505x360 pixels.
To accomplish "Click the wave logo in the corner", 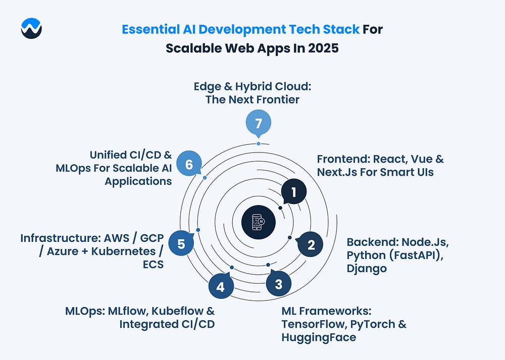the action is [x=31, y=28].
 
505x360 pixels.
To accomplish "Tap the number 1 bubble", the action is [x=293, y=191].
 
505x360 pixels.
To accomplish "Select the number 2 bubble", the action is [x=310, y=244].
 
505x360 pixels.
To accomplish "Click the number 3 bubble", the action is [x=279, y=283].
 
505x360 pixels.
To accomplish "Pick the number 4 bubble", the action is [x=221, y=286].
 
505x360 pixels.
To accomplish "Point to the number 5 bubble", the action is [x=181, y=243].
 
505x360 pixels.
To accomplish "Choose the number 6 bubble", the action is [x=189, y=164].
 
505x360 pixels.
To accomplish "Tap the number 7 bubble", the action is [x=258, y=123].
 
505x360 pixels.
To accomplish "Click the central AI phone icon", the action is [x=258, y=222].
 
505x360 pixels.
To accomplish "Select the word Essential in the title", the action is [x=150, y=29].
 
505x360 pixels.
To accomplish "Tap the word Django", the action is [x=367, y=269].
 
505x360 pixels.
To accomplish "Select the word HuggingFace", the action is [x=319, y=337].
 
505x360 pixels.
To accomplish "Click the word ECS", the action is [x=154, y=265].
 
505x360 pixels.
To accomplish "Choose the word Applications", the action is [x=138, y=182].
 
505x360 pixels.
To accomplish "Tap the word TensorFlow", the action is [x=314, y=324].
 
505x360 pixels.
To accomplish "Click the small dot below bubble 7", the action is [x=258, y=143].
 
